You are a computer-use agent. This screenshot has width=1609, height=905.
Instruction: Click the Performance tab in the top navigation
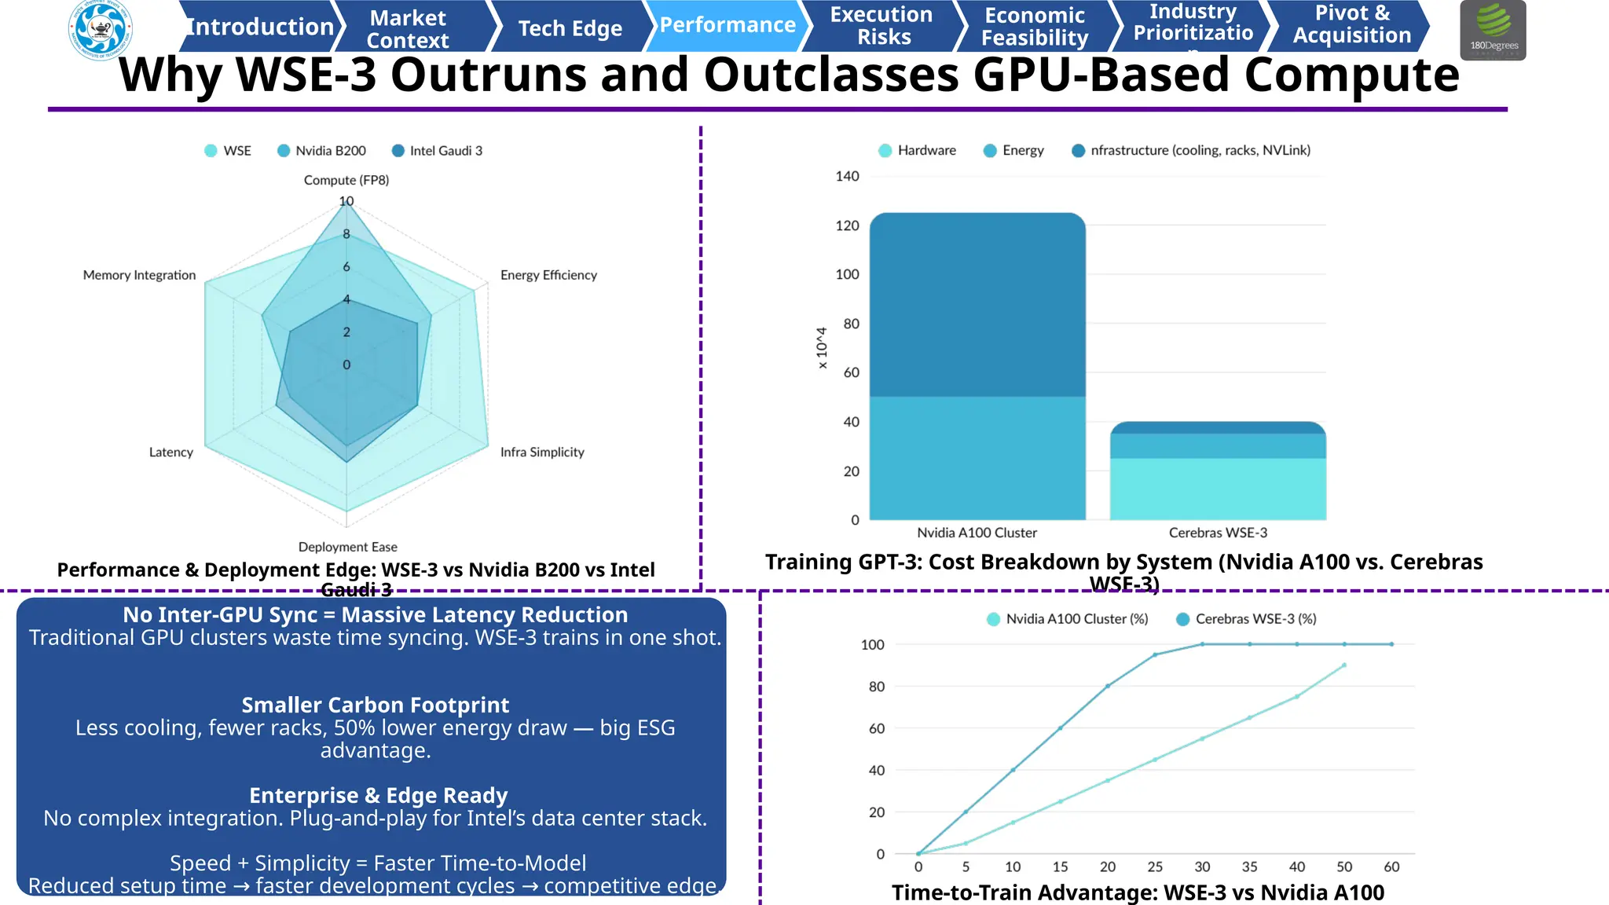pyautogui.click(x=727, y=25)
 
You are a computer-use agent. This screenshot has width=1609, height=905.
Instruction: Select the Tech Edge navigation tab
pyautogui.click(x=570, y=28)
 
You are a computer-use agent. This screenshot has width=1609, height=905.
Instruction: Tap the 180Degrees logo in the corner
pyautogui.click(x=1493, y=30)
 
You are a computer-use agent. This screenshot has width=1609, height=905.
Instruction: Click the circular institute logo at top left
pyautogui.click(x=101, y=30)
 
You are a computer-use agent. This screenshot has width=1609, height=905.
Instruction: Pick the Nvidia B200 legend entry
pyautogui.click(x=322, y=151)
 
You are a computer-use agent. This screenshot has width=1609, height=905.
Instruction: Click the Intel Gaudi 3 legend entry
pyautogui.click(x=438, y=151)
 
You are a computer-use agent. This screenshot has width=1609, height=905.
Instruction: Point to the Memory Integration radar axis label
pyautogui.click(x=139, y=275)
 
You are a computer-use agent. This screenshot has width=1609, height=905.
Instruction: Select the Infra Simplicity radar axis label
pyautogui.click(x=542, y=452)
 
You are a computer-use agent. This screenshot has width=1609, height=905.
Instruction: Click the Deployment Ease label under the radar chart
pyautogui.click(x=347, y=547)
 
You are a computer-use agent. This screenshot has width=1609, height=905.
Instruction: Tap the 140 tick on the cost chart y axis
pyautogui.click(x=847, y=176)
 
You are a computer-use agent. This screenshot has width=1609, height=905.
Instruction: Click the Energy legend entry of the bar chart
pyautogui.click(x=1014, y=150)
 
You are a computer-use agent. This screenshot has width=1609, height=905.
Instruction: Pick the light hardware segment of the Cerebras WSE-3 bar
pyautogui.click(x=1218, y=489)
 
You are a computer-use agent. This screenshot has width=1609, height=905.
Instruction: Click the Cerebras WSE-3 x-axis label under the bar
pyautogui.click(x=1218, y=533)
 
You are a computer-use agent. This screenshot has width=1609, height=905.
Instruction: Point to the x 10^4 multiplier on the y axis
pyautogui.click(x=822, y=348)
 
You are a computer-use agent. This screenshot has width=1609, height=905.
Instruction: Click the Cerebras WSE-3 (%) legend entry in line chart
pyautogui.click(x=1247, y=619)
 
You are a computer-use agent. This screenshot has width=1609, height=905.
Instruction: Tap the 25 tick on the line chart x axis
pyautogui.click(x=1155, y=867)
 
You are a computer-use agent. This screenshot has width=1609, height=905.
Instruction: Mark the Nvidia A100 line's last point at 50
pyautogui.click(x=1344, y=665)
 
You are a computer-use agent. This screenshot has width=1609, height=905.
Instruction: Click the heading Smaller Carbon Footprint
pyautogui.click(x=375, y=705)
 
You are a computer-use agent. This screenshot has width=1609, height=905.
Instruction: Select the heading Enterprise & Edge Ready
pyautogui.click(x=378, y=795)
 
